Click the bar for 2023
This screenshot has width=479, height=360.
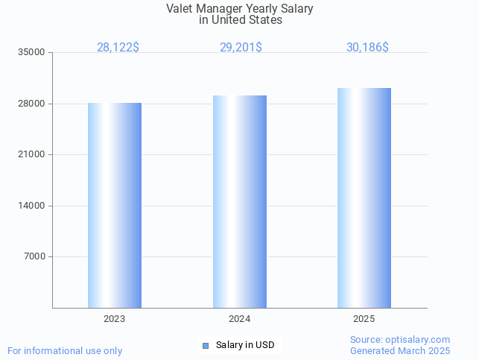tap(115, 205)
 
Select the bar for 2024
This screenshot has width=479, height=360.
tap(240, 201)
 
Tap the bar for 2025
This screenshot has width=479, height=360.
tap(364, 198)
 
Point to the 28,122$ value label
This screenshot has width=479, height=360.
tap(118, 48)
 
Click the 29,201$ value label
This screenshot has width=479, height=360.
tap(241, 48)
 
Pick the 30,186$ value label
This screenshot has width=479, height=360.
tap(367, 48)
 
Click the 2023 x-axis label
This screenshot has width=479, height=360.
tap(115, 319)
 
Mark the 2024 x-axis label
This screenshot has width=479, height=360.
tap(240, 319)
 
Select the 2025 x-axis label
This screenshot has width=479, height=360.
tap(364, 319)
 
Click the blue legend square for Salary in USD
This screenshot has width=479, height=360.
tap(206, 345)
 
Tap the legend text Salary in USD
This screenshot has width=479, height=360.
tap(245, 345)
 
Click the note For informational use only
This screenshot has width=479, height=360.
tap(65, 351)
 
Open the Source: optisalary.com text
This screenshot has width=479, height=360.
tap(400, 340)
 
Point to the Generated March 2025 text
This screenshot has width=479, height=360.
tap(400, 351)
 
